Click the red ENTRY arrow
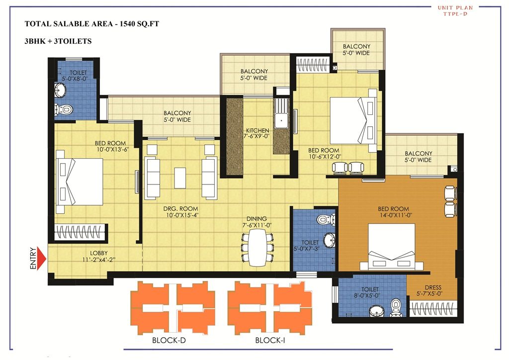click(42, 259)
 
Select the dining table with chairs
click(257, 247)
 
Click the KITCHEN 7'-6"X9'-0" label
click(256, 133)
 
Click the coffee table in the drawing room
click(180, 178)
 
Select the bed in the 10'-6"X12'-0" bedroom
click(353, 121)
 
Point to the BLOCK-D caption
click(169, 341)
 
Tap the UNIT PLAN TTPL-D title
click(455, 10)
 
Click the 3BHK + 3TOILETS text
click(58, 41)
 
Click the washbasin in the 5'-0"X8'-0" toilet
click(60, 90)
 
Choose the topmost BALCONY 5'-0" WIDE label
click(356, 50)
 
